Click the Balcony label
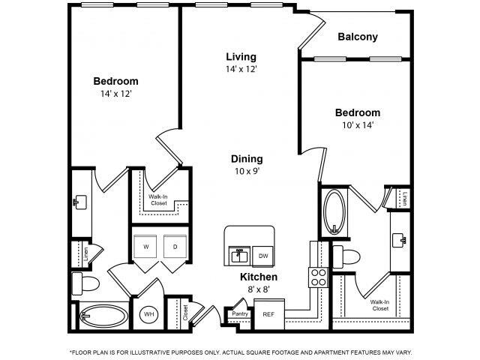click(x=357, y=37)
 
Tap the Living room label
click(x=241, y=56)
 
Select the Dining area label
click(x=247, y=158)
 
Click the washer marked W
click(x=145, y=246)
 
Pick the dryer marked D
click(x=174, y=246)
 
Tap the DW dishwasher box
click(x=263, y=255)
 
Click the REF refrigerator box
click(x=268, y=314)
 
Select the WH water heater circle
click(x=148, y=314)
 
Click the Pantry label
click(x=240, y=313)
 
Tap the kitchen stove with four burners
click(x=318, y=277)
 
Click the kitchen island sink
click(x=239, y=255)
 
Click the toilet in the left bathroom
click(x=84, y=284)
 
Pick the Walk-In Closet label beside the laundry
click(x=157, y=200)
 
